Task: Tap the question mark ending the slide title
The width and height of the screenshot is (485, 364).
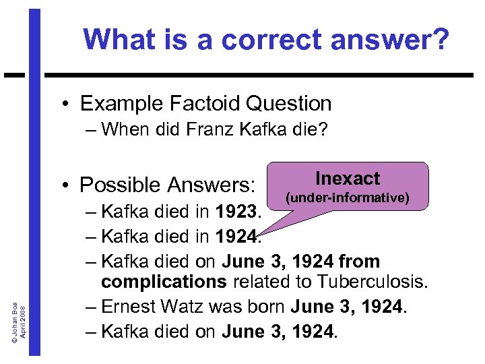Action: click(x=439, y=40)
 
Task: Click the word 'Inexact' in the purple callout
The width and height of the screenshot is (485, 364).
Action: click(x=348, y=179)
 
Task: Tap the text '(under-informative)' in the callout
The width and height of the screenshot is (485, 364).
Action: click(x=348, y=198)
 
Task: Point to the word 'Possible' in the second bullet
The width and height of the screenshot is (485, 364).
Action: click(x=117, y=184)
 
